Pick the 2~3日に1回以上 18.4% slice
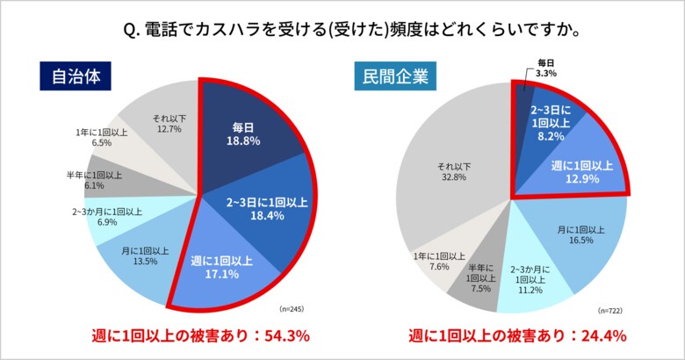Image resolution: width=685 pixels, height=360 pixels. pyautogui.click(x=263, y=208)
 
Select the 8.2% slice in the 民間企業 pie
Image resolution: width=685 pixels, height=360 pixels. pyautogui.click(x=550, y=123)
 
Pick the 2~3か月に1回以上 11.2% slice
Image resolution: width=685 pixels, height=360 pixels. pyautogui.click(x=532, y=280)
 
